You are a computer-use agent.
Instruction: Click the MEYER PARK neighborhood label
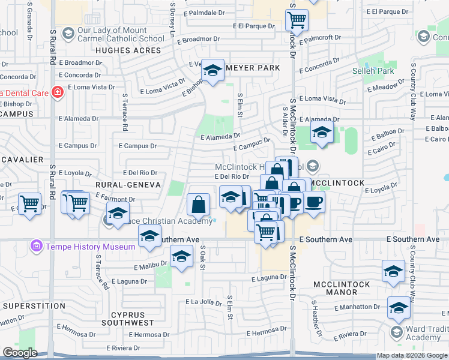click(253, 68)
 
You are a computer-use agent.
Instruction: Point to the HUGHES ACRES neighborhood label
click(128, 50)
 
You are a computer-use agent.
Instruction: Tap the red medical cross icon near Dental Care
click(57, 92)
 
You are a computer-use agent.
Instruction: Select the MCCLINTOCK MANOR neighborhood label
click(343, 287)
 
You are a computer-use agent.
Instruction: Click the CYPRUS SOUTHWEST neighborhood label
click(128, 319)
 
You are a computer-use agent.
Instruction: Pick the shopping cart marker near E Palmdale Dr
click(297, 20)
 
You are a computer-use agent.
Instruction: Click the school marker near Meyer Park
click(212, 71)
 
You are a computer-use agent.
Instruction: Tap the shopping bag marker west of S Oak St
click(198, 205)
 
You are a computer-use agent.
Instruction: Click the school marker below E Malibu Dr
click(181, 257)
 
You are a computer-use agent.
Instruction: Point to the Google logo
click(20, 353)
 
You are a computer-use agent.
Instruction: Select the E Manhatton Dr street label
click(357, 307)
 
